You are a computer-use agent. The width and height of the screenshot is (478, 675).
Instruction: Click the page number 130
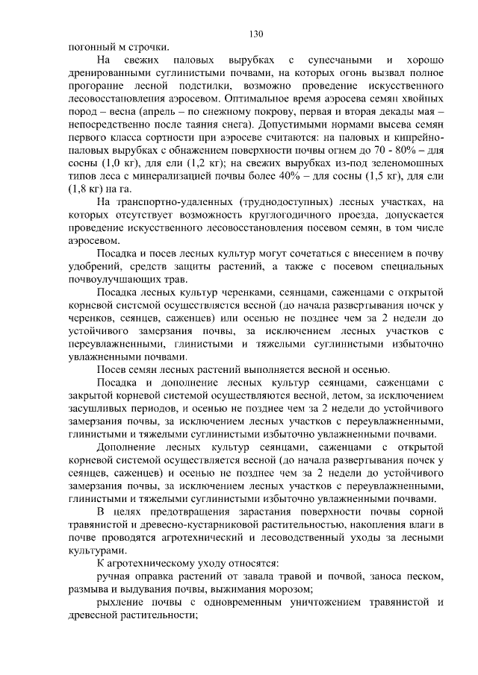[255, 34]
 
